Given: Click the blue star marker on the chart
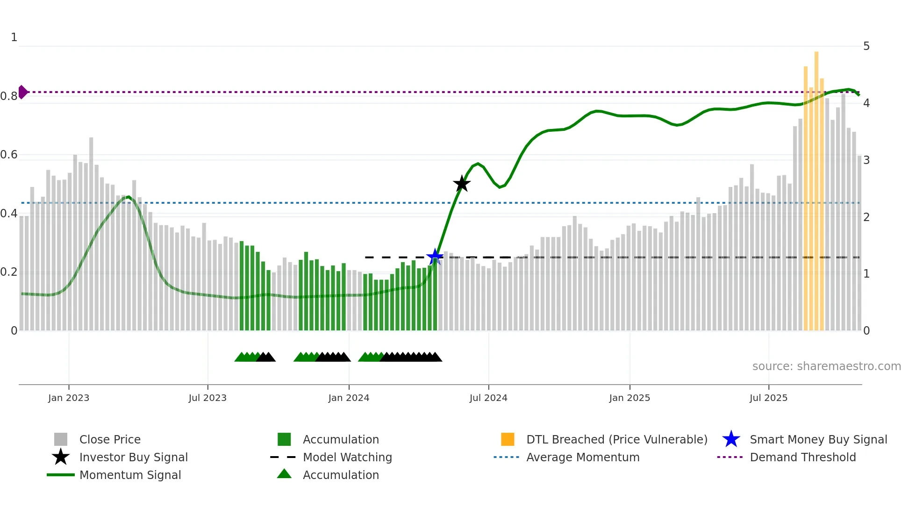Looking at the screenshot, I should [x=435, y=257].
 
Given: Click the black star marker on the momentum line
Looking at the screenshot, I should [x=462, y=184].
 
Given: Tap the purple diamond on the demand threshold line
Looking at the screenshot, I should [x=22, y=92].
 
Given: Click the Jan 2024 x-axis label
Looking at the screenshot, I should [x=349, y=398].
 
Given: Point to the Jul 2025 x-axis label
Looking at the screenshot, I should [x=768, y=398].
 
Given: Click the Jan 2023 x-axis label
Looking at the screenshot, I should [x=69, y=398].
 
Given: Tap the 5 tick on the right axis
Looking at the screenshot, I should [x=866, y=46].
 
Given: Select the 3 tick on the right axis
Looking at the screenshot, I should [x=866, y=160].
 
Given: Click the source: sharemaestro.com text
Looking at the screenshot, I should [x=826, y=366].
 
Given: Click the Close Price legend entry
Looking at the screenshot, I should [x=110, y=439].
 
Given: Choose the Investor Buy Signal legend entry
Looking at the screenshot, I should [x=133, y=457].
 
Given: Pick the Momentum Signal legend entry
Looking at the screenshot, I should [x=130, y=475].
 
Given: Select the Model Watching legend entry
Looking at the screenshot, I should [x=347, y=457].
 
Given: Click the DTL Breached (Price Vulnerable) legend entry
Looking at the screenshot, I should [x=616, y=439].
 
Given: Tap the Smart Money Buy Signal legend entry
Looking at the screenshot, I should [x=818, y=439].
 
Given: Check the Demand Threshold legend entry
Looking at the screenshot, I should [x=802, y=457].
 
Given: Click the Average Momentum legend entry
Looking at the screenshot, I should [x=582, y=457].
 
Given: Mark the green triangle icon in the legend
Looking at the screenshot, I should [x=284, y=474].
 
